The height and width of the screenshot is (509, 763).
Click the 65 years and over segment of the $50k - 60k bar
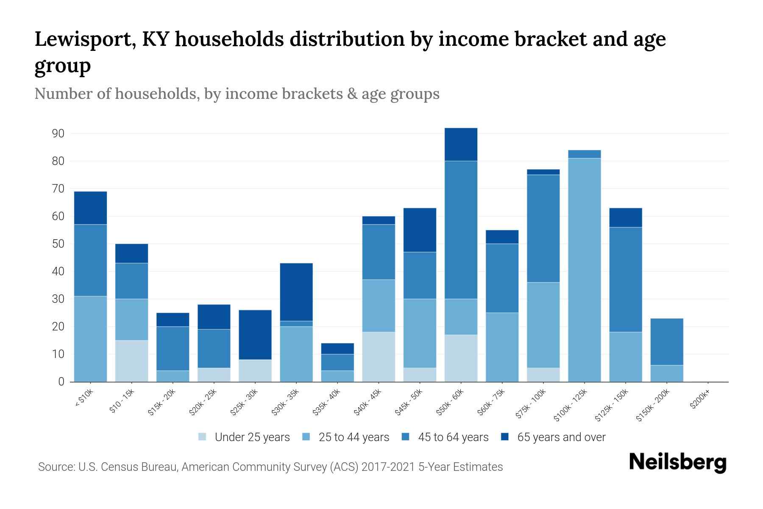click(x=461, y=145)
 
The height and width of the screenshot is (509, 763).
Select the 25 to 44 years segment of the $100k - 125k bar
click(x=584, y=270)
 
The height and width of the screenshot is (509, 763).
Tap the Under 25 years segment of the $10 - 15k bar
click(x=131, y=361)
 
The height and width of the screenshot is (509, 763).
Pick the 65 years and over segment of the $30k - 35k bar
click(x=296, y=292)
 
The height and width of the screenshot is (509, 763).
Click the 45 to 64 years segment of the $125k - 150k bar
click(x=625, y=280)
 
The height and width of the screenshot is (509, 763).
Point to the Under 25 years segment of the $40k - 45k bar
click(x=379, y=357)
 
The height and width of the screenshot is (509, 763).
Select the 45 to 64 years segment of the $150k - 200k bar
click(x=666, y=341)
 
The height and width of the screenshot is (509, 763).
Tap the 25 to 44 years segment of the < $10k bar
click(x=90, y=339)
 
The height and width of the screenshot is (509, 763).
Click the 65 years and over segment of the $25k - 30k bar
click(x=255, y=335)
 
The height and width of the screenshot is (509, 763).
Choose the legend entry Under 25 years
click(x=252, y=437)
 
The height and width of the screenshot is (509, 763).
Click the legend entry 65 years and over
click(x=561, y=437)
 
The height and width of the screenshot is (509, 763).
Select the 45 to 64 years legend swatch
click(x=405, y=437)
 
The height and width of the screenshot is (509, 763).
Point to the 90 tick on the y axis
click(x=58, y=134)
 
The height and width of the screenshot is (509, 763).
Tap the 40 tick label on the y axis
click(x=58, y=271)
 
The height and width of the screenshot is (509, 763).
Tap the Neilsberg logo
click(x=677, y=462)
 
